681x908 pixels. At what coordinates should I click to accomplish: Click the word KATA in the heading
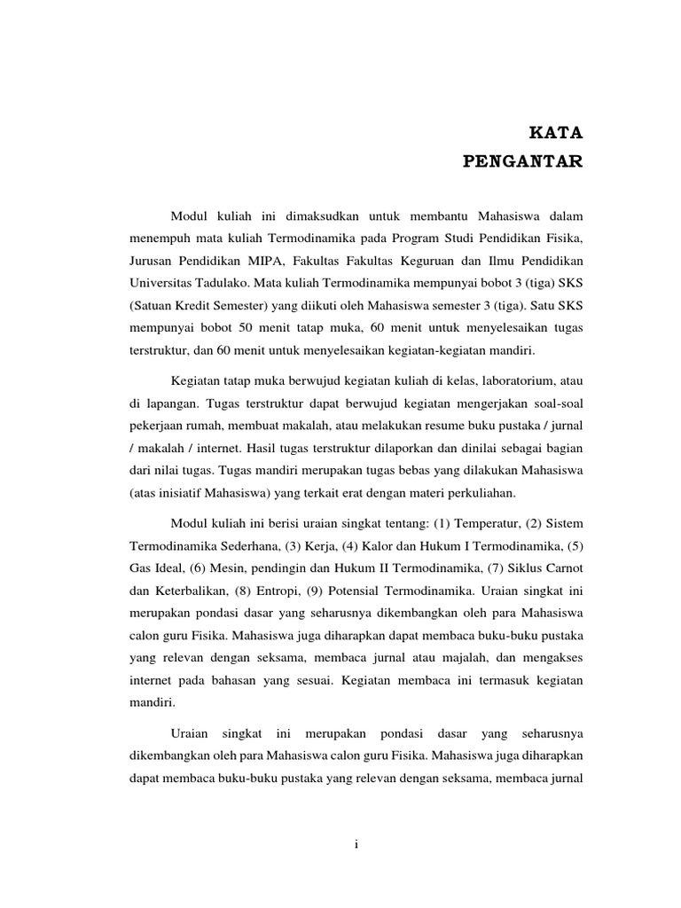(556, 135)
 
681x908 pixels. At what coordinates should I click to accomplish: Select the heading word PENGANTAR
(523, 161)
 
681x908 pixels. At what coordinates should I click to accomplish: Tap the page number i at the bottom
(355, 845)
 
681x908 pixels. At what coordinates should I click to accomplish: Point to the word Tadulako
(220, 286)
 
